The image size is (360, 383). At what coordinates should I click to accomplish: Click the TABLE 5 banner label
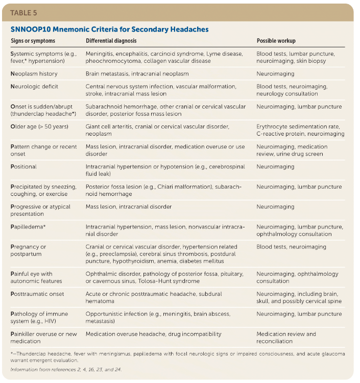[x=24, y=12]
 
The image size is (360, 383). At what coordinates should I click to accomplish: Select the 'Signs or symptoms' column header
[x=33, y=41]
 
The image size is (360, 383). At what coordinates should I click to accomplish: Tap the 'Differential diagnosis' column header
[x=111, y=41]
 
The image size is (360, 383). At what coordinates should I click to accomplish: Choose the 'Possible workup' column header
[x=276, y=41]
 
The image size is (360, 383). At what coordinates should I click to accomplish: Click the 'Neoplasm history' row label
[x=34, y=73]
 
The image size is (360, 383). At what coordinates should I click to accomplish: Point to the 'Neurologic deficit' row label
[x=34, y=87]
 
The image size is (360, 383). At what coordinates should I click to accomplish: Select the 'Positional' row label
[x=23, y=166]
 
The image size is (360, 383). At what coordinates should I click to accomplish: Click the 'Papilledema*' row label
[x=30, y=226]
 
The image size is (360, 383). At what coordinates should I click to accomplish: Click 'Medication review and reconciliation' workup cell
[x=286, y=338]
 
